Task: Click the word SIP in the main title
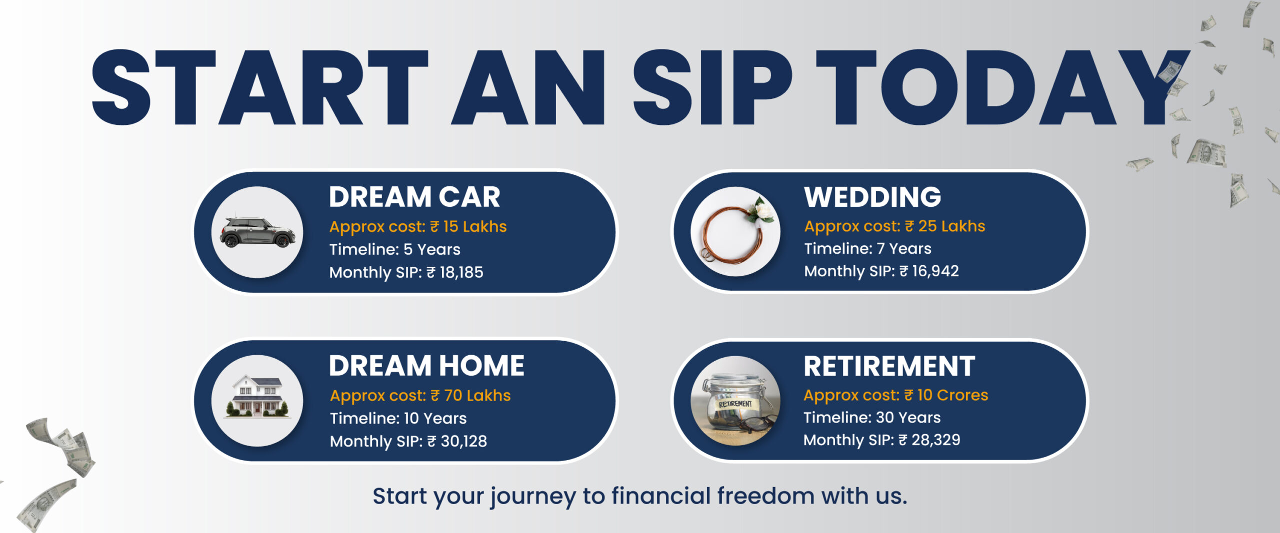712,87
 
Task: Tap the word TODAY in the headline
1002,87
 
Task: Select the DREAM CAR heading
414,197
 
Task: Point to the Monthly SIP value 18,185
461,272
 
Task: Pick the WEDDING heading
872,197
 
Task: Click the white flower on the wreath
761,210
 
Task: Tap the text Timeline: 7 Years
867,248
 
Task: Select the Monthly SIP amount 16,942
935,271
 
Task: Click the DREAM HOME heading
426,366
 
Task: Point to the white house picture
257,396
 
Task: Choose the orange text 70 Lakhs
477,395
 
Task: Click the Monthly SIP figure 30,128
463,441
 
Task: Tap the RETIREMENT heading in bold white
889,366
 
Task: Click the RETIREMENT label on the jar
735,404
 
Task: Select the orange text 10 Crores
952,395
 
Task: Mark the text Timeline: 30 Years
872,417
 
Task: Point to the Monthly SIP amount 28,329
935,440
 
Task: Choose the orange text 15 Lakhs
475,226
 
